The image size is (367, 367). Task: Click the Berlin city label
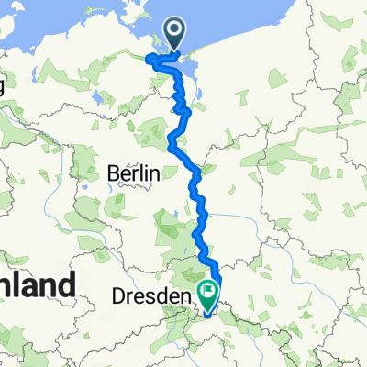134,172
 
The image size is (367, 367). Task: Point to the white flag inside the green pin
208,295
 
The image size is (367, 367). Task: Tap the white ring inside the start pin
175,32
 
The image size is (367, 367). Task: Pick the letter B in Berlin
113,172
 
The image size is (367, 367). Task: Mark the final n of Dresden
187,297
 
